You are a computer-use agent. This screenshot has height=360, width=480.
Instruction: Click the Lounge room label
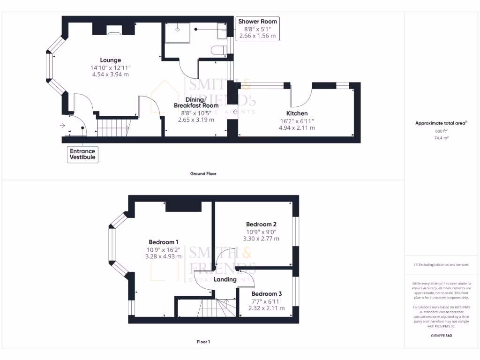110,60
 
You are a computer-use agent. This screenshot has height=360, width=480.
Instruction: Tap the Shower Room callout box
257,29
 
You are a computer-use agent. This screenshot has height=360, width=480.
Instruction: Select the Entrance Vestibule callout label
82,154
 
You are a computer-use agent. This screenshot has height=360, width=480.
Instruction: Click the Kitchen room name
297,113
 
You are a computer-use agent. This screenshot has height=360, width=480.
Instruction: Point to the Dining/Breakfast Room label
196,103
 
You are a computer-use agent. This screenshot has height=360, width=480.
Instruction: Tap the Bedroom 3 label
266,294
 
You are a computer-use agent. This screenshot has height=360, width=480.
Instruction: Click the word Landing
225,279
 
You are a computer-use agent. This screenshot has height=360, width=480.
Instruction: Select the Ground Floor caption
203,173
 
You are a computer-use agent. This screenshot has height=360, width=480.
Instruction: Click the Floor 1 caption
203,342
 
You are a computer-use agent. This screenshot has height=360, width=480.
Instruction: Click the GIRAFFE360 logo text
442,336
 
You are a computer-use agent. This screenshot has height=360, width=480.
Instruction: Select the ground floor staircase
113,127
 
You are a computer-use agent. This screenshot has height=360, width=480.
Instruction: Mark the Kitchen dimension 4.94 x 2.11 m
297,127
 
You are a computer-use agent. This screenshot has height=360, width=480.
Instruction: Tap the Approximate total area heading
441,123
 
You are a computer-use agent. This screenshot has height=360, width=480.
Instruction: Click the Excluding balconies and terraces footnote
441,265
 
